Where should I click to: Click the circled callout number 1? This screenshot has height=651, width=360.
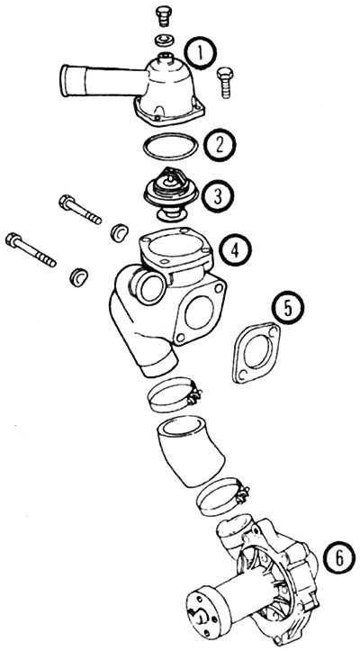[201, 53]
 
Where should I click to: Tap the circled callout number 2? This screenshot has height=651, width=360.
[220, 145]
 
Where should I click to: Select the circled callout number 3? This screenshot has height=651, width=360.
[218, 196]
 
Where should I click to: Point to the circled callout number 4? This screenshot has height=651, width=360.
[235, 250]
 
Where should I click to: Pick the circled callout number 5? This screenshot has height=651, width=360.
[288, 308]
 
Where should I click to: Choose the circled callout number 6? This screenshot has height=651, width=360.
[339, 560]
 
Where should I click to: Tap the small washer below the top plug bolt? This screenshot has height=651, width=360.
[165, 41]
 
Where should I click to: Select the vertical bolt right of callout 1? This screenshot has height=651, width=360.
[225, 82]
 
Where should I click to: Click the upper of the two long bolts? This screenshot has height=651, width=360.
[80, 210]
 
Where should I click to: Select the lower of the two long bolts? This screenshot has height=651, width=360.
[31, 249]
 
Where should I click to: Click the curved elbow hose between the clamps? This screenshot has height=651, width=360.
[190, 452]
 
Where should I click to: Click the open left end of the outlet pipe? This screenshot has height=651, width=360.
[65, 81]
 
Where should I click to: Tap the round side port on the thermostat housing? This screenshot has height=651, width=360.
[148, 287]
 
